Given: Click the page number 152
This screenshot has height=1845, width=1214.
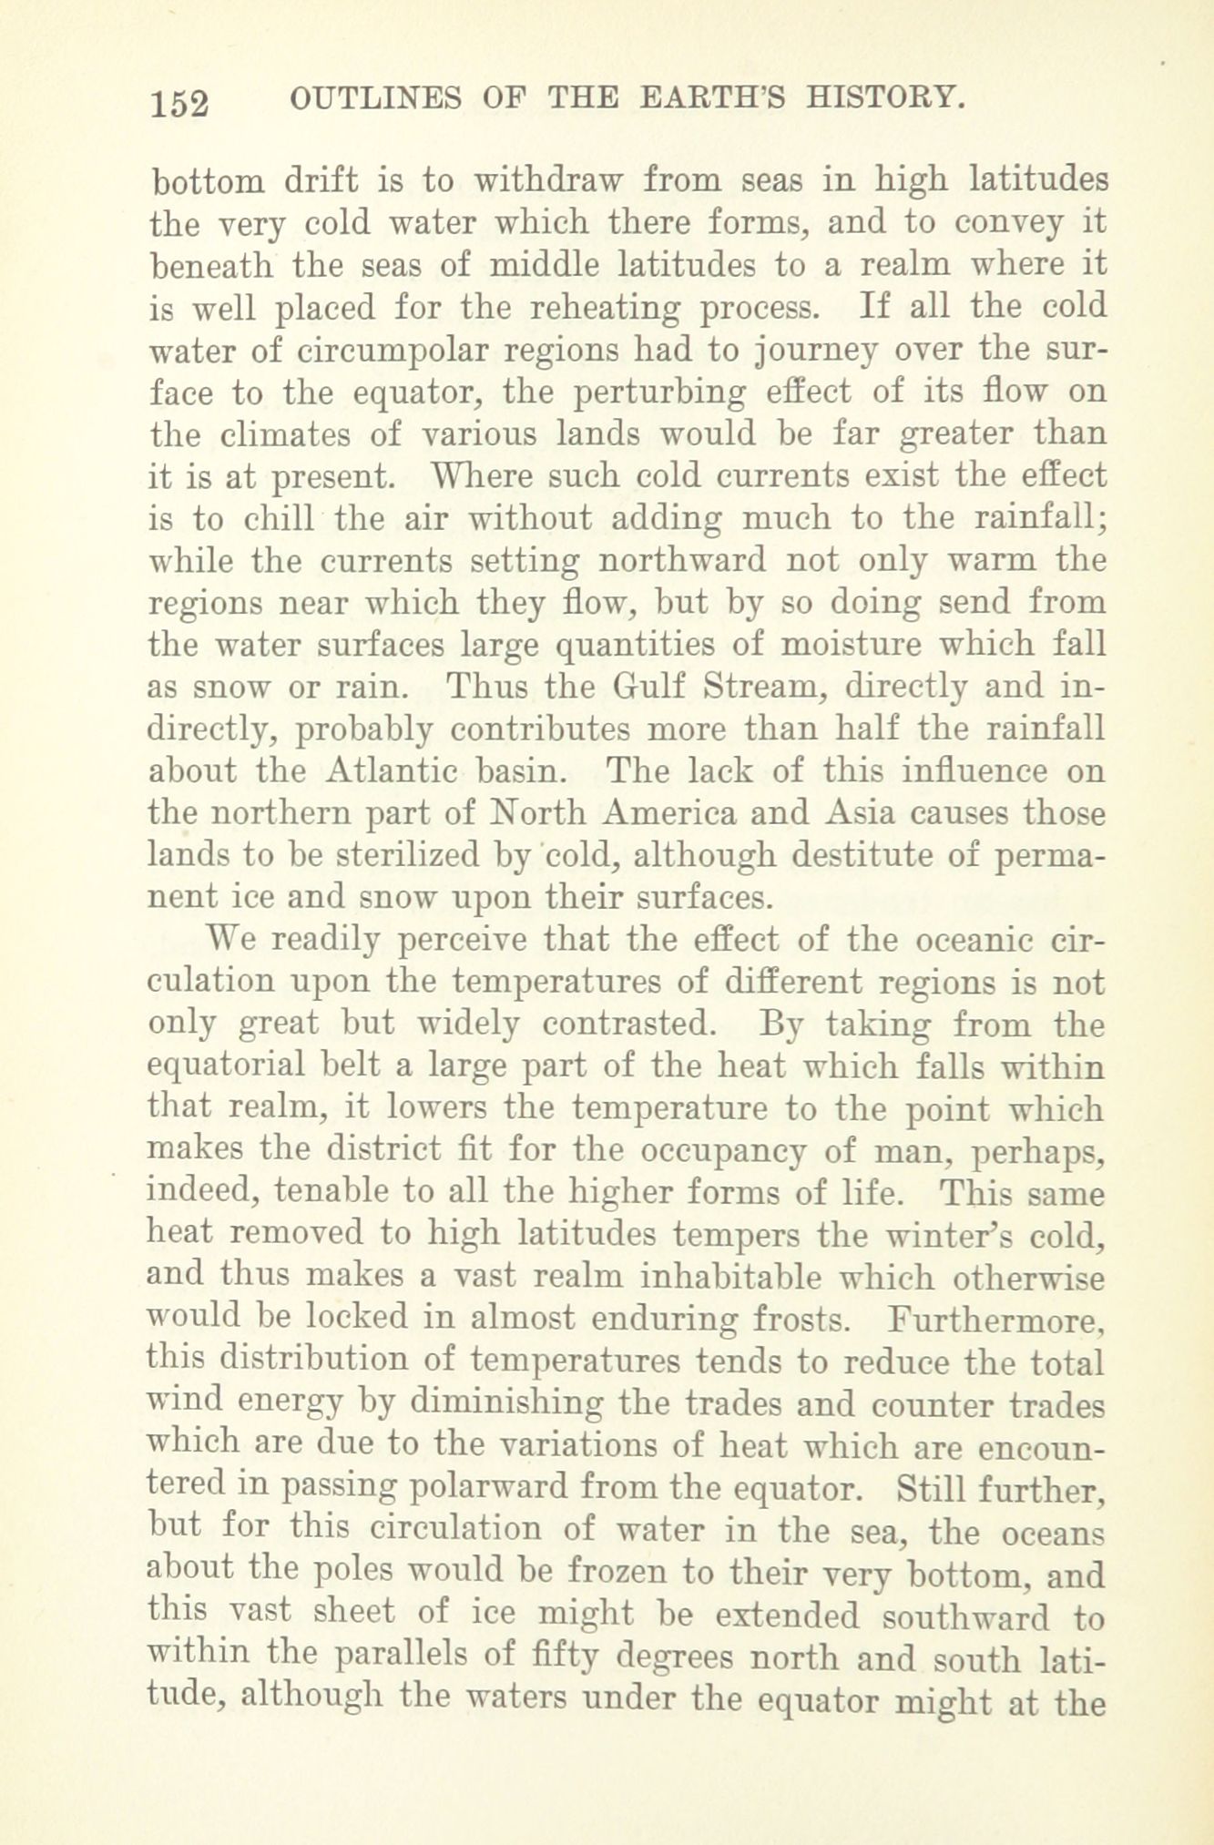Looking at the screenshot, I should tap(181, 102).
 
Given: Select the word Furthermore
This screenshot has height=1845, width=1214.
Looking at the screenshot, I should tap(997, 1318).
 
